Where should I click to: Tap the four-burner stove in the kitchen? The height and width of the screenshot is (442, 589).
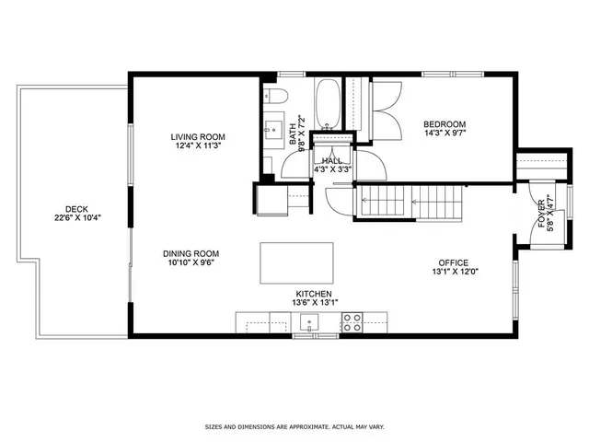click(x=352, y=322)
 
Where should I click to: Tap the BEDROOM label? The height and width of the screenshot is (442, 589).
click(x=445, y=124)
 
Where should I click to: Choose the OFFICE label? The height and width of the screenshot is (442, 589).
click(x=453, y=262)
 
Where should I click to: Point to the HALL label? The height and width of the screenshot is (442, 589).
click(x=332, y=160)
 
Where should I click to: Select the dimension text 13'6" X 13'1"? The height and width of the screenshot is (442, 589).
click(x=314, y=303)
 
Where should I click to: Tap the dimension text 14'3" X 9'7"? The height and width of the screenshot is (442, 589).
click(x=445, y=134)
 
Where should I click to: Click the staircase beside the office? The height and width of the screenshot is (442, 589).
click(x=410, y=200)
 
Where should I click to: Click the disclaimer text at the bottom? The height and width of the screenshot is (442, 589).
click(x=294, y=427)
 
